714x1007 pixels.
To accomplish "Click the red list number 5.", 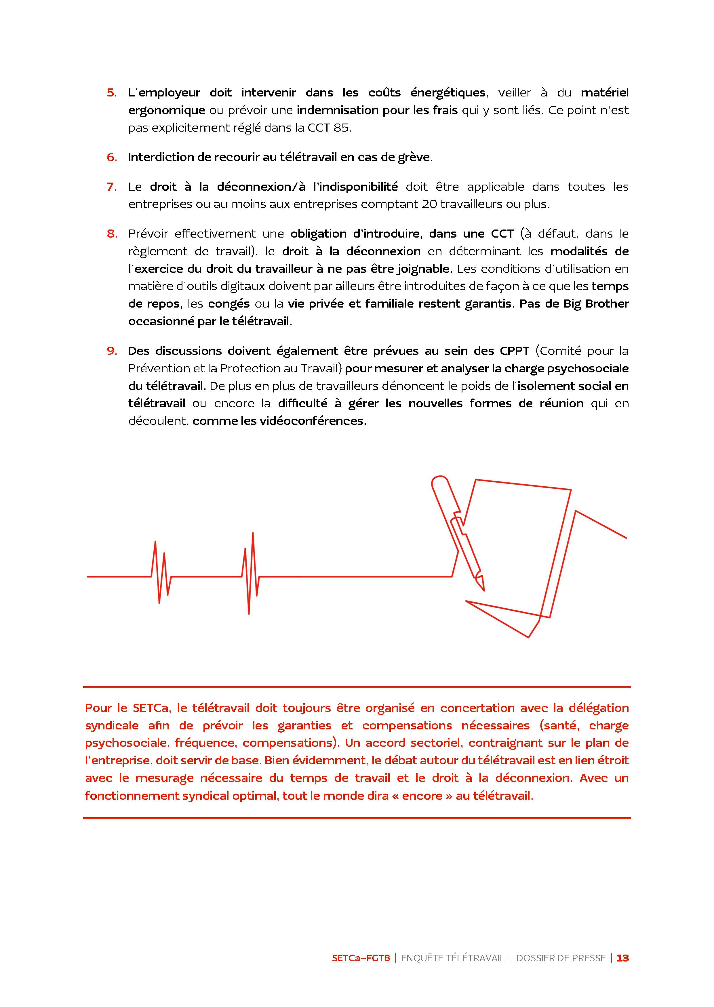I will pyautogui.click(x=111, y=93).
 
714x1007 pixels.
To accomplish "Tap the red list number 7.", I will pyautogui.click(x=111, y=187).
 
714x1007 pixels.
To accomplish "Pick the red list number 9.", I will pyautogui.click(x=111, y=351).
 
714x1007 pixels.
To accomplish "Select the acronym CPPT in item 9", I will pyautogui.click(x=514, y=351).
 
